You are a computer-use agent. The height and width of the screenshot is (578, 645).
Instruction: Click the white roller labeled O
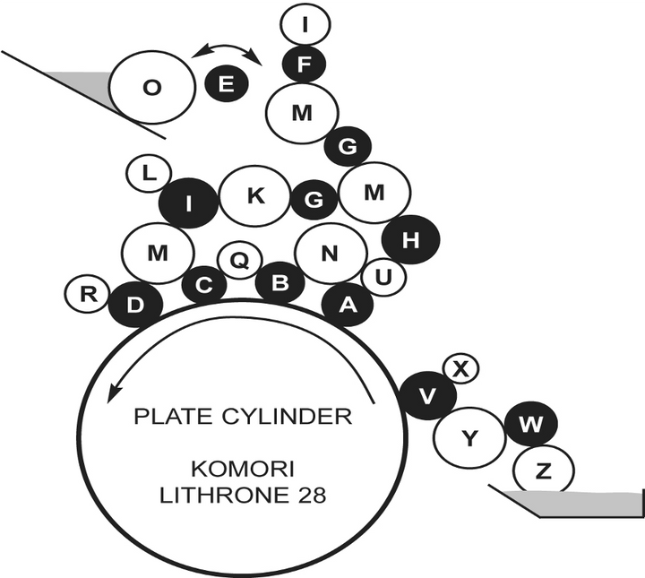tap(151, 88)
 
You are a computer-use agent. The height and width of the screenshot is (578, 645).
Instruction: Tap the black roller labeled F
tap(304, 64)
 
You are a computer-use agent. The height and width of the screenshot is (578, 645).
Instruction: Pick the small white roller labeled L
tap(149, 174)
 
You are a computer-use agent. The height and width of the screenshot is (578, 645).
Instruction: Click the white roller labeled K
tap(255, 196)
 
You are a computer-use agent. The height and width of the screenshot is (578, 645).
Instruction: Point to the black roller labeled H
tap(411, 239)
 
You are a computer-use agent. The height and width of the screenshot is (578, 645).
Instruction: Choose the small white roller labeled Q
tap(240, 261)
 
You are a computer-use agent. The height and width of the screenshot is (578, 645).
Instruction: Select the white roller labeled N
tap(331, 254)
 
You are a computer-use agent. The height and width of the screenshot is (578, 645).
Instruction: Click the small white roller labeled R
tap(87, 295)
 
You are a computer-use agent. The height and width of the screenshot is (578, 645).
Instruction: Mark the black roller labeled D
tap(135, 306)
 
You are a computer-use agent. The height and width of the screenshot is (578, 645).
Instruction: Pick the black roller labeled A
tap(348, 305)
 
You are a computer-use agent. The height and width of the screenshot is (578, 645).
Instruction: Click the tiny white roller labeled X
tap(461, 368)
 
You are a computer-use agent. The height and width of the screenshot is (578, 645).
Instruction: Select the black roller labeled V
tap(428, 395)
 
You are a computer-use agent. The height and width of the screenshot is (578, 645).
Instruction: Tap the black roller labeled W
tap(531, 424)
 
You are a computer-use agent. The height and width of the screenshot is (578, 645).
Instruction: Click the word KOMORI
tap(243, 470)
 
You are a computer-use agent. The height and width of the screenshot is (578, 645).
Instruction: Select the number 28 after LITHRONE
tap(313, 496)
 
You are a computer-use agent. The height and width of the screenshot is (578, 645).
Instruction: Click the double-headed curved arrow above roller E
tap(228, 47)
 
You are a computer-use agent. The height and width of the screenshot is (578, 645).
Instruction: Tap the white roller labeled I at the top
tap(305, 24)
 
